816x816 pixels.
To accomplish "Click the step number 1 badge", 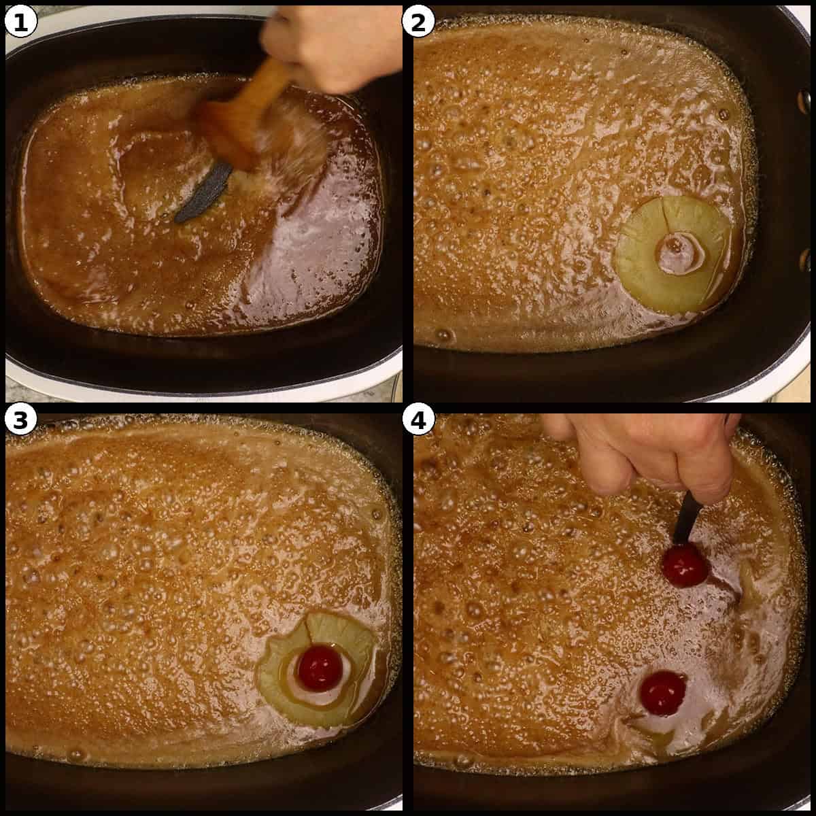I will point(20,22).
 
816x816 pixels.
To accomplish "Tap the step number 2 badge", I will point(418,22).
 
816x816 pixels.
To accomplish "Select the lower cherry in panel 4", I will point(662,693).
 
